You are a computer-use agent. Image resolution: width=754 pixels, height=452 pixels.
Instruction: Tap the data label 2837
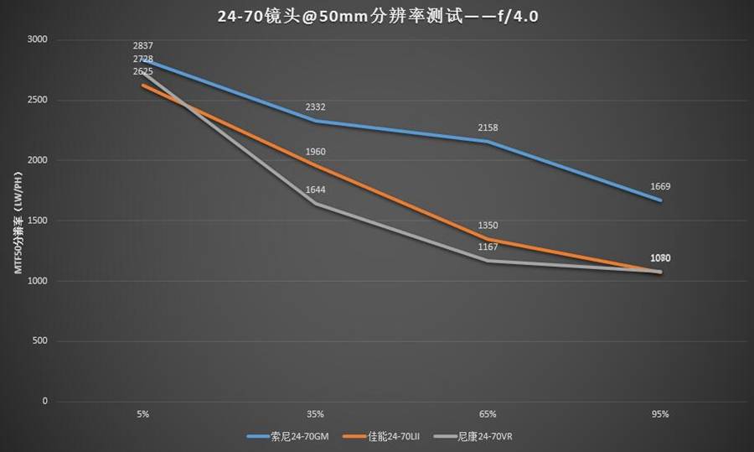click(143, 45)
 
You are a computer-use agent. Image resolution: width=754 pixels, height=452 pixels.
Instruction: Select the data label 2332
click(316, 107)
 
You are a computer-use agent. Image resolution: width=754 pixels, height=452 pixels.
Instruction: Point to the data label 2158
click(488, 127)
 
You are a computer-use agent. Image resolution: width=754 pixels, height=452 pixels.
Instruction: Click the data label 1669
click(660, 187)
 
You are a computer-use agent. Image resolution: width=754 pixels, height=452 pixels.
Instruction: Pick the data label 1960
click(316, 152)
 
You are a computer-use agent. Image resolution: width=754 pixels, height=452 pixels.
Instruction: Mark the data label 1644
click(316, 190)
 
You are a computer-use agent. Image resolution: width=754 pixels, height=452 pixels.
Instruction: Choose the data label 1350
click(488, 226)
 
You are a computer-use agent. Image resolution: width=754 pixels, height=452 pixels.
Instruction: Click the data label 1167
click(488, 247)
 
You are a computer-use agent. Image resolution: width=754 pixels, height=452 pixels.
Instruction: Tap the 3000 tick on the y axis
click(37, 39)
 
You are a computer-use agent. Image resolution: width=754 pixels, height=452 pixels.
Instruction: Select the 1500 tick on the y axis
click(37, 221)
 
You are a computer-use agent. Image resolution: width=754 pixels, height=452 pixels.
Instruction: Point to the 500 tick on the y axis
click(40, 341)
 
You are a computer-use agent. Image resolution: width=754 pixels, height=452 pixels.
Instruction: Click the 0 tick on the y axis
click(45, 402)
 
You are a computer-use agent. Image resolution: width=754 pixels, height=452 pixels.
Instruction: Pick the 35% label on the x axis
click(315, 414)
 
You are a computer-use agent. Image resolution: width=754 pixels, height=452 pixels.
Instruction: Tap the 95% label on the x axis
click(660, 414)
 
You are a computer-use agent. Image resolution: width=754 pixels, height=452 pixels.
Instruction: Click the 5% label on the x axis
click(143, 414)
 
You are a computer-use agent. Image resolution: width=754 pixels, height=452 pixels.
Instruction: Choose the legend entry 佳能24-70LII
click(393, 436)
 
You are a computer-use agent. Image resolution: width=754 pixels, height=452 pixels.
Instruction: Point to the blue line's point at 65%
click(488, 141)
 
